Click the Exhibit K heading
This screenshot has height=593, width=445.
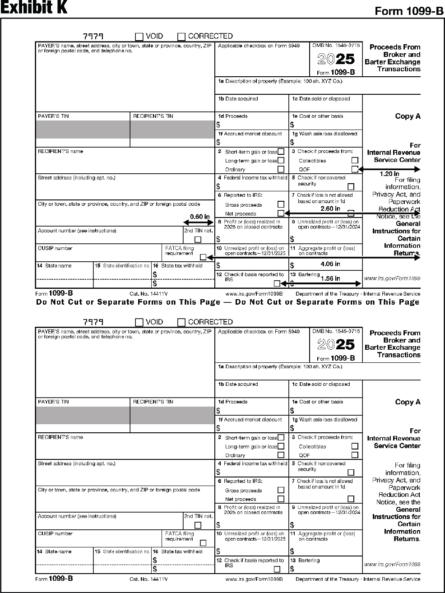tap(34, 8)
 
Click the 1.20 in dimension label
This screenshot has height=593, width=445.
tap(389, 174)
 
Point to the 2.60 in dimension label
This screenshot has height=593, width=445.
tap(330, 208)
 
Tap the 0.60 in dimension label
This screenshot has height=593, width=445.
tap(199, 217)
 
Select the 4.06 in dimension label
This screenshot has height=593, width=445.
tap(330, 264)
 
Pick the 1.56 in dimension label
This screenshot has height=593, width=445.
tap(330, 278)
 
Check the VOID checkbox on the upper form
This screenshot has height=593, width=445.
tap(139, 37)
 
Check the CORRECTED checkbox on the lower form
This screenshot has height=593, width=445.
tap(181, 322)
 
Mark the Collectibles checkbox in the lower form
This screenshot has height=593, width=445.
tap(355, 446)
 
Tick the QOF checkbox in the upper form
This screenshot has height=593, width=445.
tap(355, 169)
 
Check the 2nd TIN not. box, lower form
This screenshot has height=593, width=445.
tap(198, 525)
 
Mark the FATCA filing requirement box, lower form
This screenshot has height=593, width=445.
tap(203, 543)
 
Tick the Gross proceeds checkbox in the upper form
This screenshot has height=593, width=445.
tap(281, 205)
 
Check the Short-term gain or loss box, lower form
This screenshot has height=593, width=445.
tap(281, 437)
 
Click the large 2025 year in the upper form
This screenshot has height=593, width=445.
tap(336, 59)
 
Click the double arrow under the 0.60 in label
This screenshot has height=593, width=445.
tap(199, 222)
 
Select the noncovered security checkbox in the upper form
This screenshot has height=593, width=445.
tap(351, 186)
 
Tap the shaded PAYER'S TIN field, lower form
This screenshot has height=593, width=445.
tap(83, 415)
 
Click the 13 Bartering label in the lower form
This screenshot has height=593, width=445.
tap(309, 561)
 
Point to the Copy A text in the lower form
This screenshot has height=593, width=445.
tap(408, 402)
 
